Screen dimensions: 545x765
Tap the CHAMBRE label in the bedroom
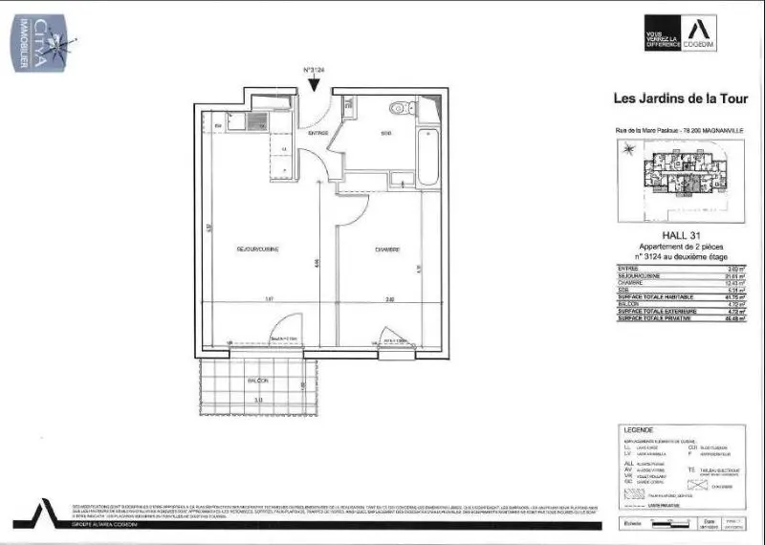pos(386,250)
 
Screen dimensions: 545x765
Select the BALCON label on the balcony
pos(258,381)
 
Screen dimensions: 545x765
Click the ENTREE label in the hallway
pos(318,133)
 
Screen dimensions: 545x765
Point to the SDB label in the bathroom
pos(386,133)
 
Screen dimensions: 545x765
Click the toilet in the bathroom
pos(408,109)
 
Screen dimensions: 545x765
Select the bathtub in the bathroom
pos(426,152)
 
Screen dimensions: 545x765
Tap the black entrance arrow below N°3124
pos(316,86)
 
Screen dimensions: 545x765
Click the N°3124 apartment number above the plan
pos(316,70)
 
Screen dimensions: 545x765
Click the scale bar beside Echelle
pos(675,524)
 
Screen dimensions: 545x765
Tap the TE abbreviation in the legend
pos(690,469)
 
